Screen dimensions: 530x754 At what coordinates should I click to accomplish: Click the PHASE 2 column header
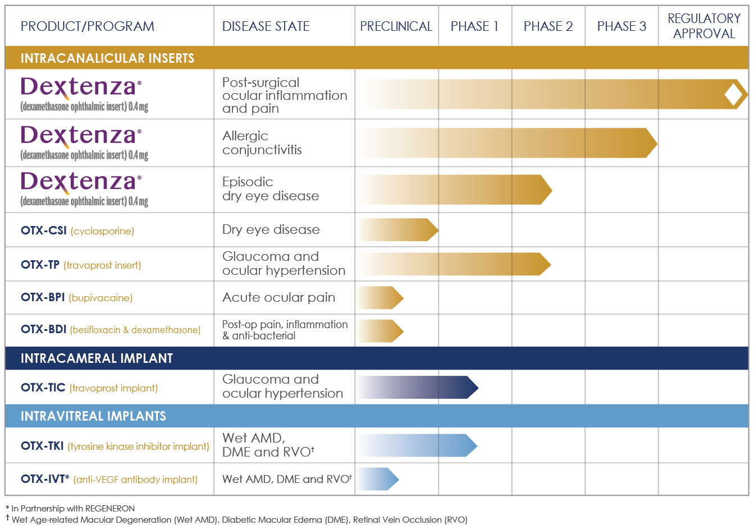548,26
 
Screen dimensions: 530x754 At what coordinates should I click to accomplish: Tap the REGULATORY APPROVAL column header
703,26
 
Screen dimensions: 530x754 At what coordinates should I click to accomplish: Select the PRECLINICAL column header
396,26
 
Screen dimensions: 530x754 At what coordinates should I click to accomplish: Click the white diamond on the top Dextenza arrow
733,94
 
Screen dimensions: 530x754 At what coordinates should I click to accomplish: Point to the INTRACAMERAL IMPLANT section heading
97,358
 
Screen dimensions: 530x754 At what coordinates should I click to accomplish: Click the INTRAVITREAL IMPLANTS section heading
93,416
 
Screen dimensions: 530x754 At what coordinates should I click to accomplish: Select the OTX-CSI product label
44,231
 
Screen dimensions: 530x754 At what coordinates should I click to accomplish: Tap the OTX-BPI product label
43,297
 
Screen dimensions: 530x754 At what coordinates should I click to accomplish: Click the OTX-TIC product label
43,388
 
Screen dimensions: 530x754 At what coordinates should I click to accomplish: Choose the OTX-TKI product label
42,446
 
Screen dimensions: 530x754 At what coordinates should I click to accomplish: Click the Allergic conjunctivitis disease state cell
262,143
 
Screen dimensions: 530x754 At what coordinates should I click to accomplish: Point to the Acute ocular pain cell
278,297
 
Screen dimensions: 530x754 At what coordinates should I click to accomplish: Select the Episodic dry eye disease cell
270,189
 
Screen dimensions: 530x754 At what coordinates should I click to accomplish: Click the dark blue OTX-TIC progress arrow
418,387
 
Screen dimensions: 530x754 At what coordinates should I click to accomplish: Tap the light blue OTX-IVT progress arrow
378,479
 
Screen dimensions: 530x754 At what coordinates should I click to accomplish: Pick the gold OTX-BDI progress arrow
381,330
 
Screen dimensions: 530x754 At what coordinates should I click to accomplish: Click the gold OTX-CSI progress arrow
398,230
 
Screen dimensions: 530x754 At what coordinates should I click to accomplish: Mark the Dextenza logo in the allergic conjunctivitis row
81,136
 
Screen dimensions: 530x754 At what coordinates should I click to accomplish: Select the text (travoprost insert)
102,265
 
